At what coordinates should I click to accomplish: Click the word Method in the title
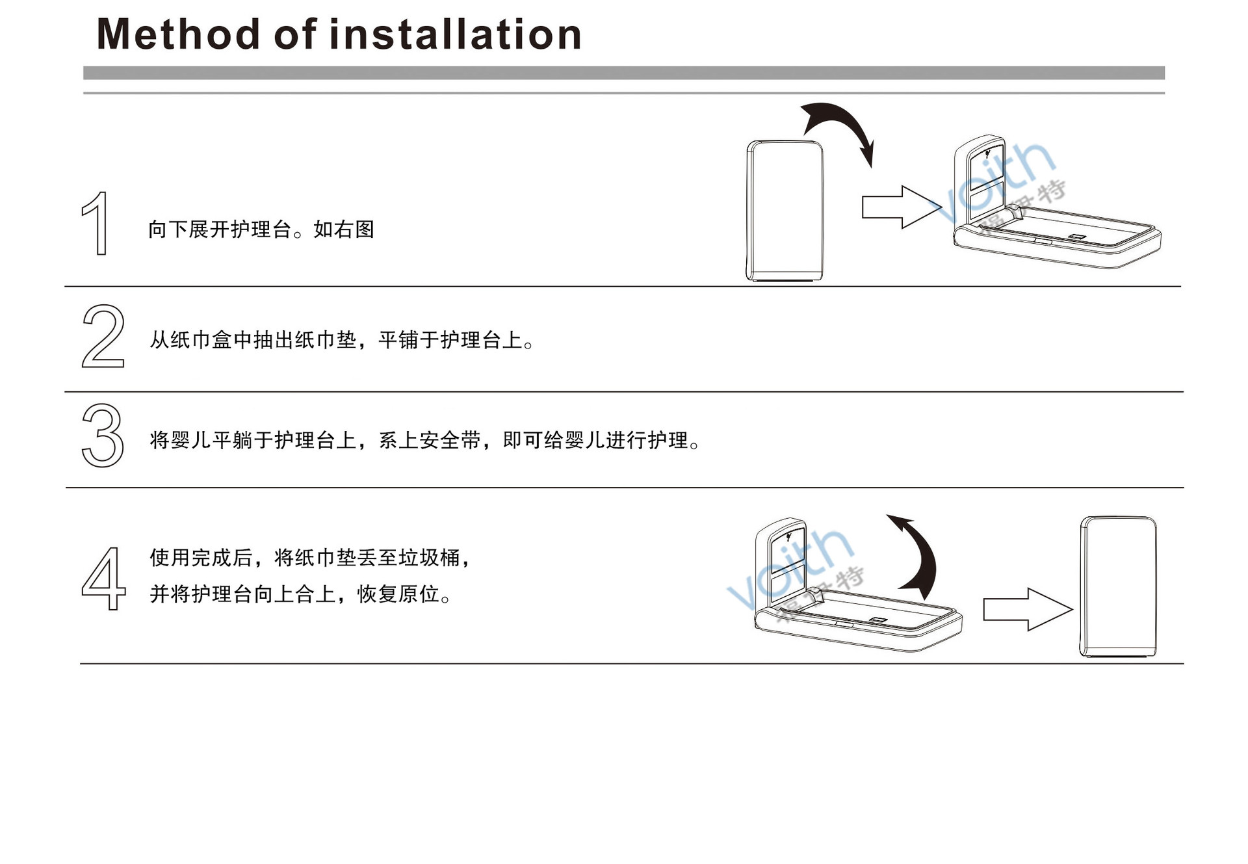(x=177, y=34)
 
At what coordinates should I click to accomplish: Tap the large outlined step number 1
(x=96, y=222)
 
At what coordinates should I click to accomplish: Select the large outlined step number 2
(x=103, y=336)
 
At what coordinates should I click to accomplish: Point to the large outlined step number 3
(x=103, y=435)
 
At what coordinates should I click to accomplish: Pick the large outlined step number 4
(x=103, y=578)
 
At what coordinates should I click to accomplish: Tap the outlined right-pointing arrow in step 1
(x=901, y=207)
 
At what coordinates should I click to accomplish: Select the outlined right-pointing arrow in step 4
(x=1026, y=609)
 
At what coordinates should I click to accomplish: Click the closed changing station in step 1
(x=785, y=211)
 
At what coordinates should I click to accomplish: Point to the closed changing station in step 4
(x=1118, y=586)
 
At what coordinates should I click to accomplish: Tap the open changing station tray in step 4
(x=858, y=618)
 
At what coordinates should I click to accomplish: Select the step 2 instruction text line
(x=342, y=340)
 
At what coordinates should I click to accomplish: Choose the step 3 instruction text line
(x=425, y=440)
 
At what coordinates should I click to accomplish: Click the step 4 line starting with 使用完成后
(x=309, y=557)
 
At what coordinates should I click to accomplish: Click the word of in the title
(x=296, y=34)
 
